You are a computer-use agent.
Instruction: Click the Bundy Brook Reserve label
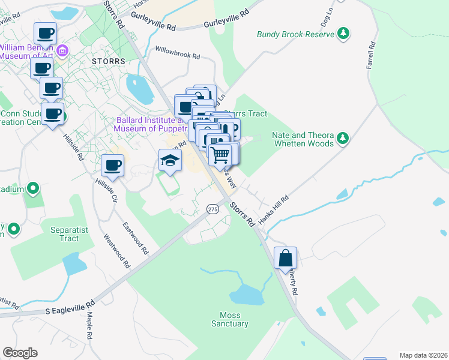(295, 34)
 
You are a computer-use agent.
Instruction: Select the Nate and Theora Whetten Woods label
(303, 139)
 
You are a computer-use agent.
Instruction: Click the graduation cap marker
(170, 160)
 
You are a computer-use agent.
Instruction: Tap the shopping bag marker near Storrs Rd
(286, 258)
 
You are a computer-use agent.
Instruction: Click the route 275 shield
(212, 209)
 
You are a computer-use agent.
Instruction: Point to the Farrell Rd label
(372, 55)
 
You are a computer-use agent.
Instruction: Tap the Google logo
(20, 353)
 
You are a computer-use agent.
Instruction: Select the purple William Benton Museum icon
(62, 52)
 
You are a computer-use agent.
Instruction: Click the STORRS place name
(109, 61)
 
